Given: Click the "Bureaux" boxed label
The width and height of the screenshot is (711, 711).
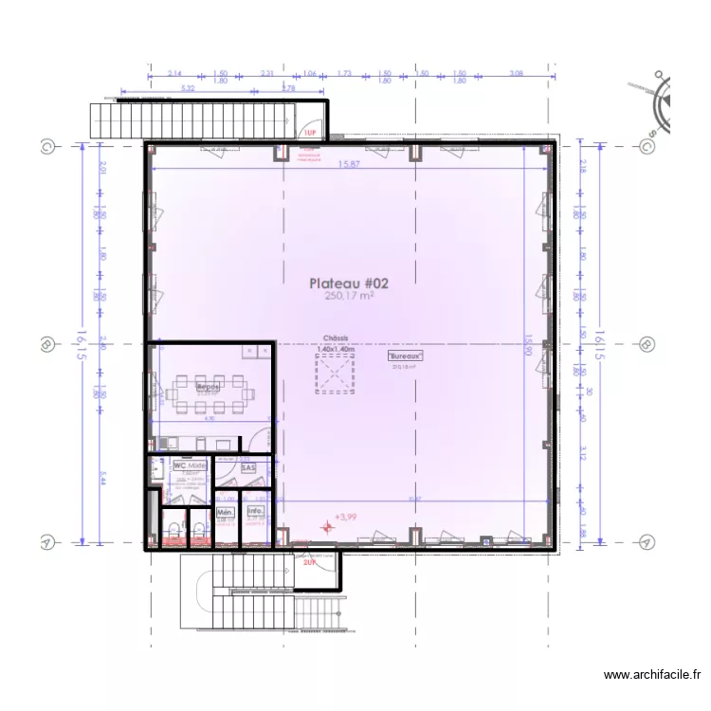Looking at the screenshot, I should (x=406, y=356).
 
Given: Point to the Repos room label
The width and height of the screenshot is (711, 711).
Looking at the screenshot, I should (x=208, y=387).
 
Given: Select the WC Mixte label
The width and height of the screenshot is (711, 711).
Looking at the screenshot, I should (x=190, y=466).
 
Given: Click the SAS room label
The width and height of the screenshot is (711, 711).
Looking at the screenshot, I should (x=248, y=467).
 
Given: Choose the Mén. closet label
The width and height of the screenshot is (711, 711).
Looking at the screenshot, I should (x=226, y=512).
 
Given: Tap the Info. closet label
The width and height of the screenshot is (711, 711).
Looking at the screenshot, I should (x=255, y=512).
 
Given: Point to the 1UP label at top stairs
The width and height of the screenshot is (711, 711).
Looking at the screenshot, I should (x=309, y=134).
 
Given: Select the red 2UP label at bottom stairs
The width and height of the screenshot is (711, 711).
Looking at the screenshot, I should (x=309, y=562).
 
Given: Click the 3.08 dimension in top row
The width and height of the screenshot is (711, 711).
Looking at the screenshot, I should (x=517, y=73).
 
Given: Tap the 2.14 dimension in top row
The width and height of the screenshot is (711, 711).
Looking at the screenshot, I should (x=174, y=73).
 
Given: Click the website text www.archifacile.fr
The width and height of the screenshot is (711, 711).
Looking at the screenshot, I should (x=651, y=675).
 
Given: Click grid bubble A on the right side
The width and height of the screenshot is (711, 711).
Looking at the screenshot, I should (x=646, y=542).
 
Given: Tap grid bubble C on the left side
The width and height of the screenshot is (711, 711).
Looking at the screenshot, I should (x=46, y=147).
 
